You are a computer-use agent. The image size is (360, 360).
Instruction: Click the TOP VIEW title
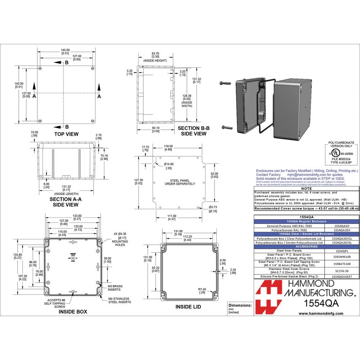(66, 134)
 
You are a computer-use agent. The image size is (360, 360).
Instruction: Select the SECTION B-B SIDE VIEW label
(193, 131)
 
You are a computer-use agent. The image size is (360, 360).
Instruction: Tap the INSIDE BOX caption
(73, 312)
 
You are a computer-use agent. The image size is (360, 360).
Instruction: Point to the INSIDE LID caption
(188, 307)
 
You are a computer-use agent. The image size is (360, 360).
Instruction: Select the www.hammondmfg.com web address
(321, 314)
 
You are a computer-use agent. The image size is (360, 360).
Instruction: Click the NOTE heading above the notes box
(306, 188)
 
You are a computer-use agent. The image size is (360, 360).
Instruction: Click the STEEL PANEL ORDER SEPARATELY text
(180, 182)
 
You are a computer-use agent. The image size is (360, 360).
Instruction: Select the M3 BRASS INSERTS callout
(115, 287)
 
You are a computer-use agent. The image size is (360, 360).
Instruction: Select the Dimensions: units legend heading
(240, 305)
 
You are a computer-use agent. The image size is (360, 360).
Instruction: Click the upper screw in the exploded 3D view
(225, 83)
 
